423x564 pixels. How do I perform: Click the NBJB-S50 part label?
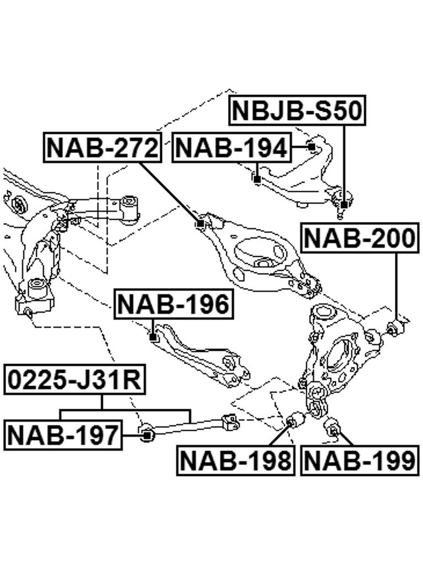pyautogui.click(x=297, y=110)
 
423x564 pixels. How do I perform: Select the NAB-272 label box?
pyautogui.click(x=102, y=148)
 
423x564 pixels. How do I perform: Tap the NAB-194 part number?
pyautogui.click(x=232, y=148)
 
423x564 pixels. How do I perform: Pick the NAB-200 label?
pyautogui.click(x=360, y=238)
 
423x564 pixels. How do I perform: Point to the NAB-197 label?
pyautogui.click(x=63, y=435)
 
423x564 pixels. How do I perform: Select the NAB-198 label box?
pyautogui.click(x=236, y=460)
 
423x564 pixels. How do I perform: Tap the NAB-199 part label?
pyautogui.click(x=360, y=460)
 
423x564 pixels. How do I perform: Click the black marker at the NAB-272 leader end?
pyautogui.click(x=200, y=224)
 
